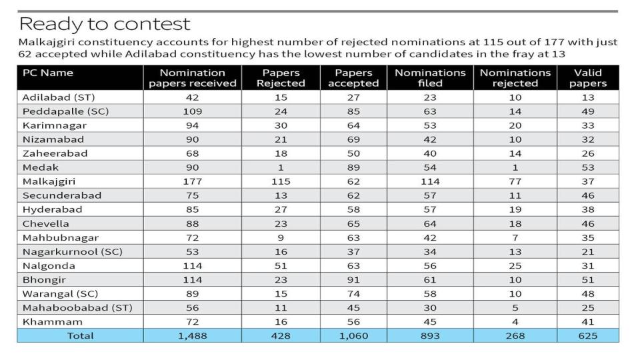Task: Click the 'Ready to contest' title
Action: pyautogui.click(x=105, y=25)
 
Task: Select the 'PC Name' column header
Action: pyautogui.click(x=48, y=73)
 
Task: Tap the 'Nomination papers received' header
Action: pyautogui.click(x=192, y=78)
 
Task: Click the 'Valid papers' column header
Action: pyautogui.click(x=588, y=78)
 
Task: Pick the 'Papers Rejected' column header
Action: pyautogui.click(x=281, y=78)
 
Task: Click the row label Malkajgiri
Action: pyautogui.click(x=49, y=181)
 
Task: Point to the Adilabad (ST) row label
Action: pyautogui.click(x=59, y=97)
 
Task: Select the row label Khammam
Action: pyautogui.click(x=53, y=321)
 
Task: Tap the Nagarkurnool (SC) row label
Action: pyautogui.click(x=73, y=252)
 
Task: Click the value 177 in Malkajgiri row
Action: pyautogui.click(x=192, y=181)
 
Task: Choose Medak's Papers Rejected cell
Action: pyautogui.click(x=281, y=167)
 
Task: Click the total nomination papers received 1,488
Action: pyautogui.click(x=192, y=336)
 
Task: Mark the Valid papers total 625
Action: pyautogui.click(x=588, y=336)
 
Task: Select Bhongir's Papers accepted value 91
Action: pyautogui.click(x=353, y=279)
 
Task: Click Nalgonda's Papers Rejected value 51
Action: pyautogui.click(x=281, y=266)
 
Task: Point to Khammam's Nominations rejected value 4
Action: pyautogui.click(x=515, y=321)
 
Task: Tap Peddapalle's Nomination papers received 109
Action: pyautogui.click(x=192, y=111)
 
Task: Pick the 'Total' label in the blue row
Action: pyautogui.click(x=81, y=336)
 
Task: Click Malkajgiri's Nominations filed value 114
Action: pyautogui.click(x=430, y=181)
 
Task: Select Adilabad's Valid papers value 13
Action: pyautogui.click(x=588, y=97)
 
